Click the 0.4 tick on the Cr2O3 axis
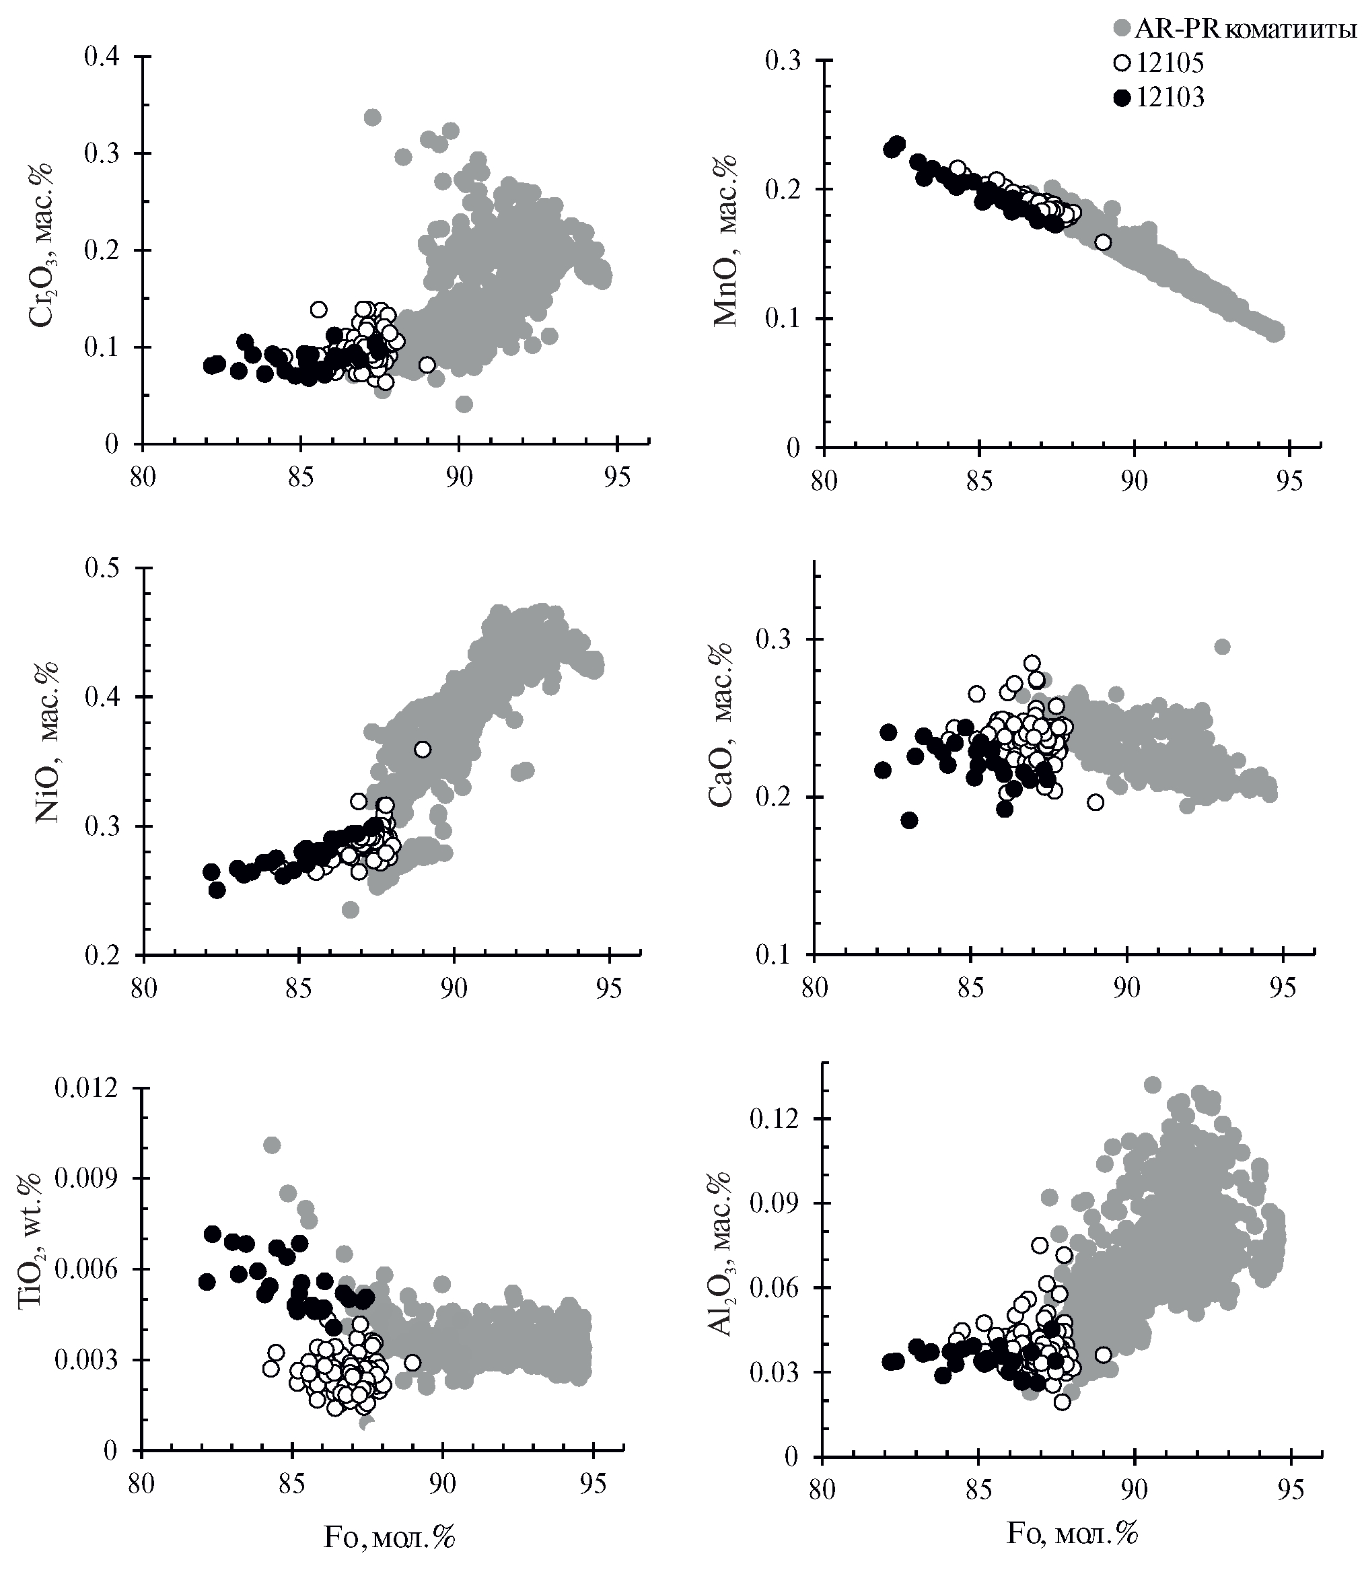(x=105, y=57)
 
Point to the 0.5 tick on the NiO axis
(x=105, y=568)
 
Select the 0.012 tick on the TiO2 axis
(x=85, y=1089)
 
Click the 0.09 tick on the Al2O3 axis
(x=776, y=1203)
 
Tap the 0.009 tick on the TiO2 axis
(x=85, y=1179)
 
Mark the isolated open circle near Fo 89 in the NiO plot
(x=423, y=750)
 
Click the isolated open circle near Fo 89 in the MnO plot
(x=1102, y=243)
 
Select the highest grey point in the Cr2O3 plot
(x=372, y=117)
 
